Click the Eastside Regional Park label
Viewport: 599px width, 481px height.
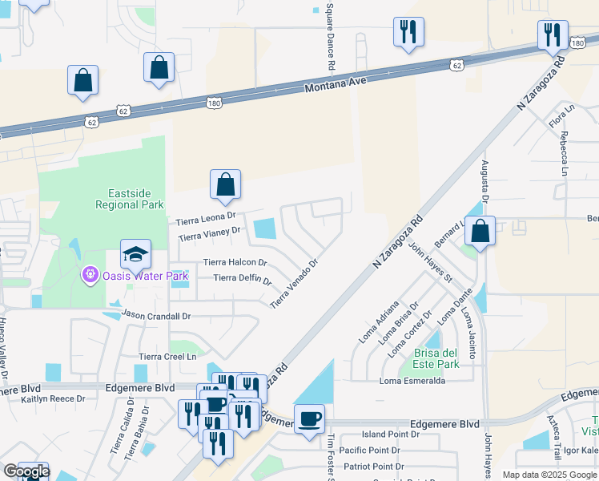click(x=130, y=199)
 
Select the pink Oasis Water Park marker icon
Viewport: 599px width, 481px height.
click(x=90, y=276)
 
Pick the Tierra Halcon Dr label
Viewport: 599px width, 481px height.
click(x=235, y=262)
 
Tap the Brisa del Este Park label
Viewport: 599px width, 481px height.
click(x=436, y=358)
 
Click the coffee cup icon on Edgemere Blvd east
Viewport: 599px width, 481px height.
click(x=309, y=418)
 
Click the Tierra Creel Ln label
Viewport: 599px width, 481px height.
click(x=168, y=356)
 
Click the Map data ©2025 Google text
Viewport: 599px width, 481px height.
click(x=549, y=475)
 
